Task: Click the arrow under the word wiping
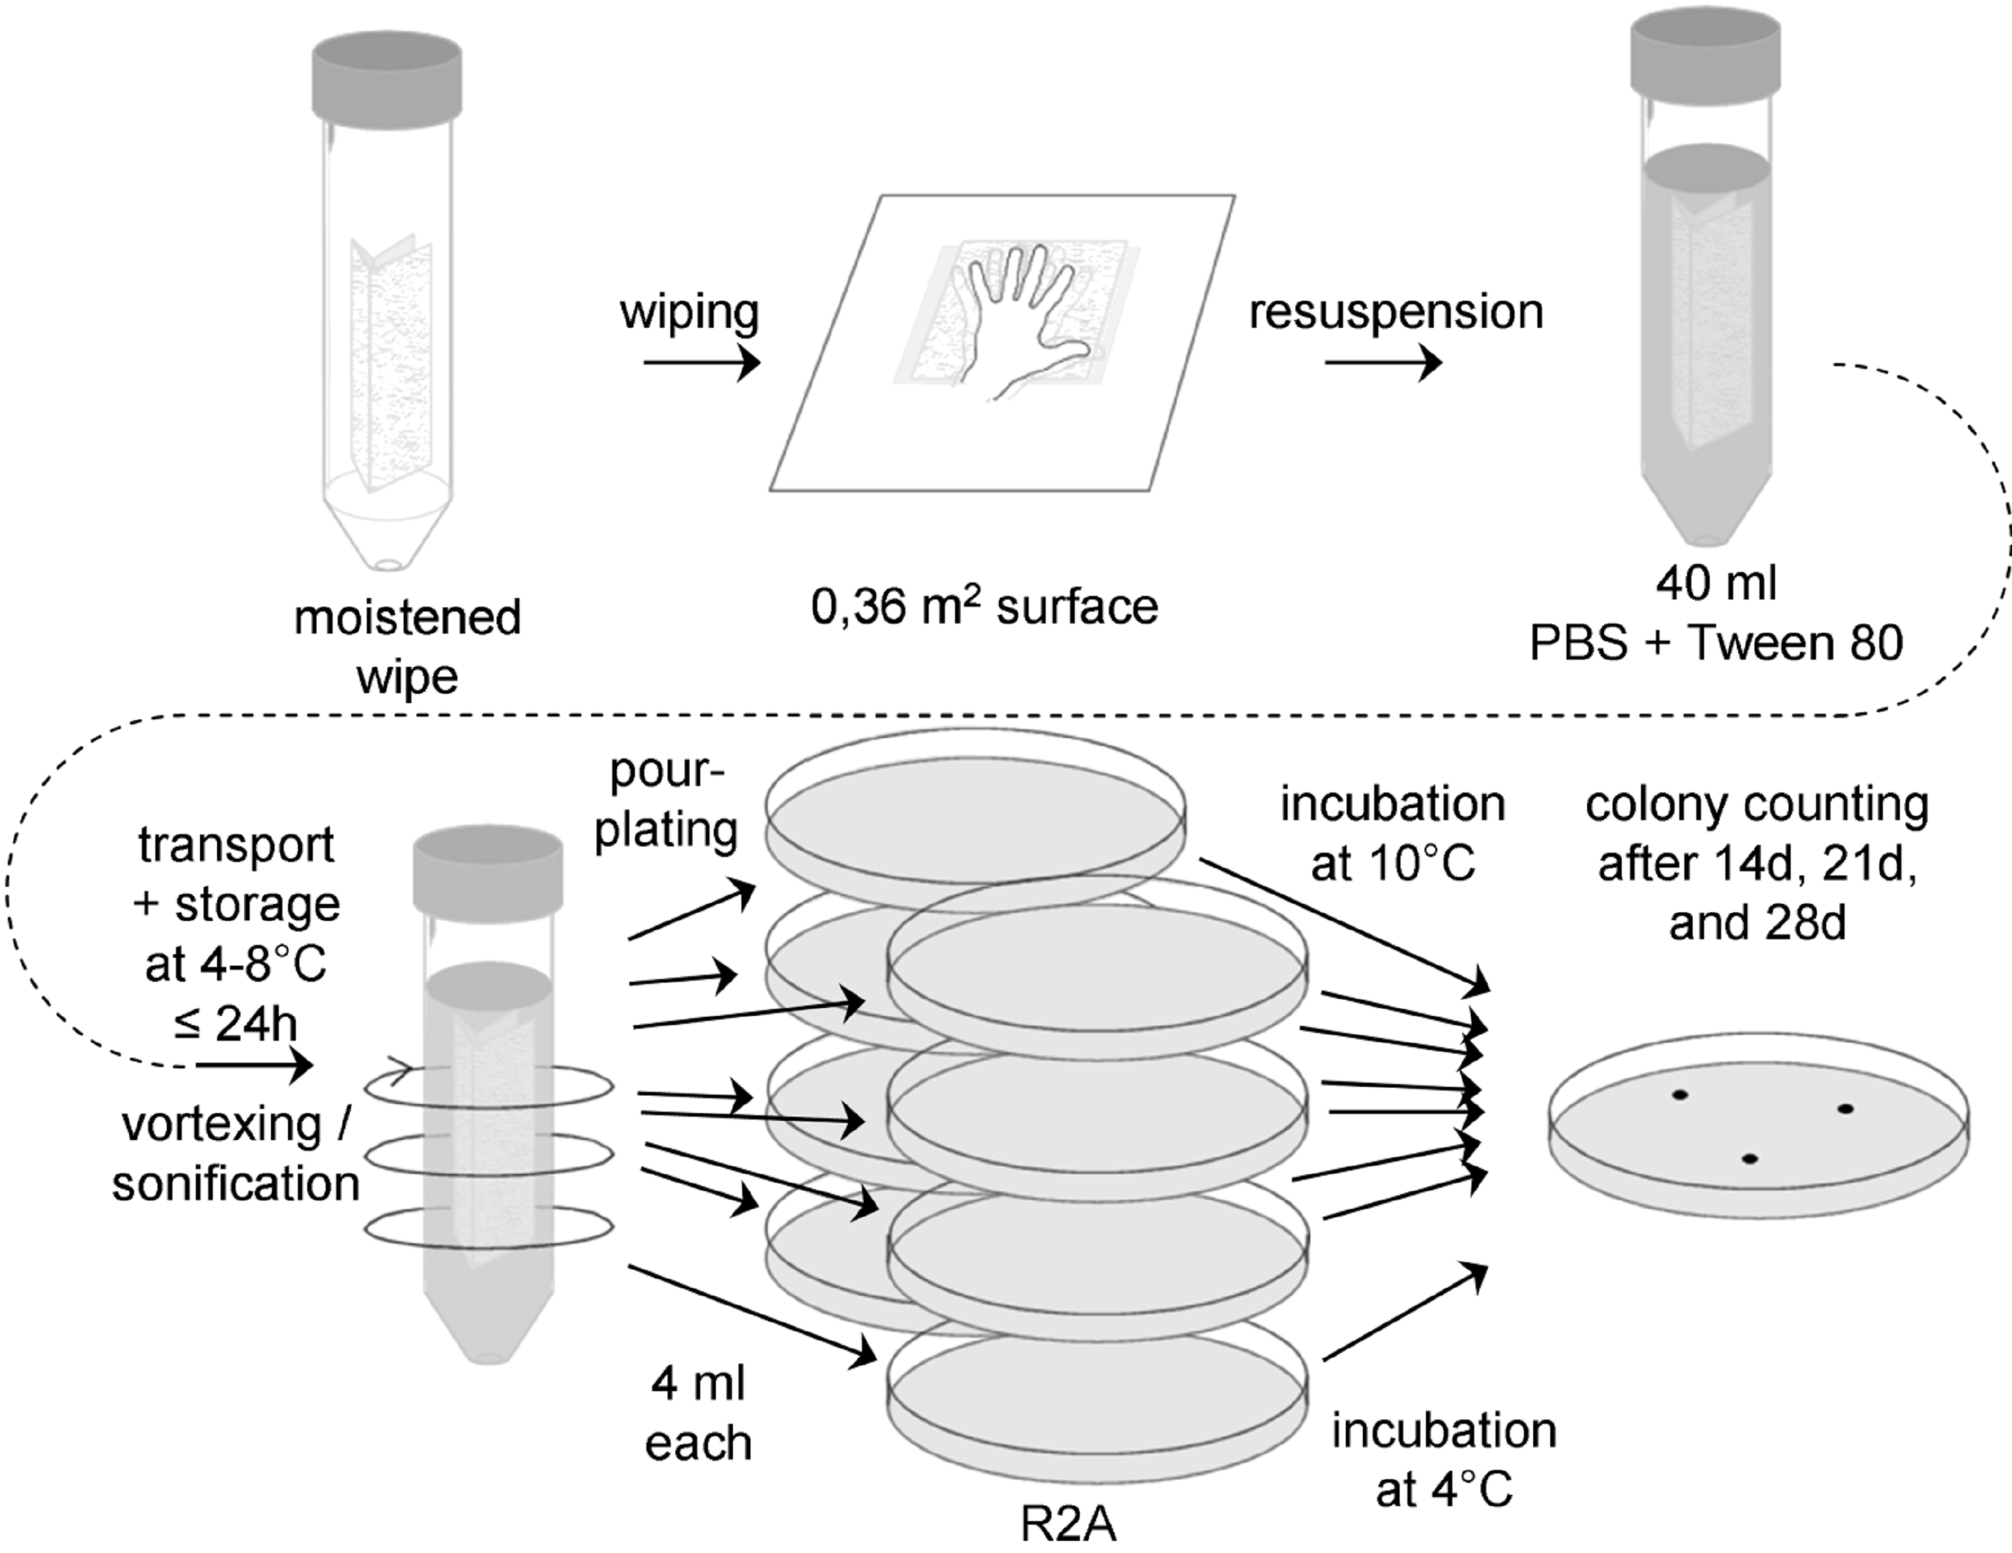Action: click(701, 363)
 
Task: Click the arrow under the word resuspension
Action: click(1383, 363)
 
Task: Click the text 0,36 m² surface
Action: click(984, 608)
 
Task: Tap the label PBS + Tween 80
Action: click(1716, 642)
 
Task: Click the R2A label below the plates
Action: click(1068, 1525)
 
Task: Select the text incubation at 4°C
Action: click(1444, 1460)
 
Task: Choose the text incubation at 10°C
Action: click(1392, 834)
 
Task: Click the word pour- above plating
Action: click(667, 772)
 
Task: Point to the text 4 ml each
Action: click(698, 1414)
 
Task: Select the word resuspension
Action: click(1395, 311)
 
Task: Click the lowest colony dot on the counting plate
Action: click(1750, 1159)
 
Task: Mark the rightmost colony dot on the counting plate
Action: click(1845, 1109)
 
